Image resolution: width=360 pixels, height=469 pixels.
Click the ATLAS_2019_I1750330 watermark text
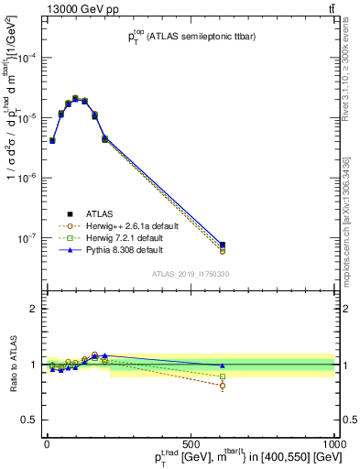pyautogui.click(x=190, y=273)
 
